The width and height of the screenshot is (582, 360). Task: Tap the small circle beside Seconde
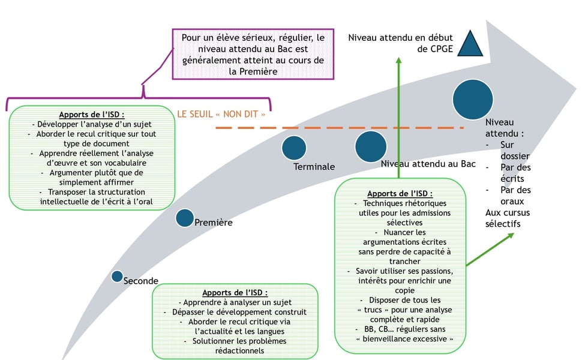118,276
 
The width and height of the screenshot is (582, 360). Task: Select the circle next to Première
185,218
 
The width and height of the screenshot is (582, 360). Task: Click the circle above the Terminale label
294,148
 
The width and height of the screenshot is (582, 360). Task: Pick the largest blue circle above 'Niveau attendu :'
473,99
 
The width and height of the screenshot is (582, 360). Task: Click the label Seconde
141,281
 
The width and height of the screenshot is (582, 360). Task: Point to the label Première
214,223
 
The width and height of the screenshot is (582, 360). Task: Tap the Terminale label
314,167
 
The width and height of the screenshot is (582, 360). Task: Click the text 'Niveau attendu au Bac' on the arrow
428,164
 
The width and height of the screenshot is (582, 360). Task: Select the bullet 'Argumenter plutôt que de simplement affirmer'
92,177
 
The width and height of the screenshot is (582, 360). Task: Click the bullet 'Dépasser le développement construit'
235,311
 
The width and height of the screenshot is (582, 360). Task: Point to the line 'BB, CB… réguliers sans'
400,329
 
